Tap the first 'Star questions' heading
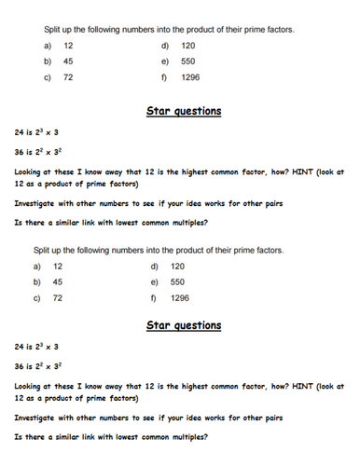pyautogui.click(x=184, y=112)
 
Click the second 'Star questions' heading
pyautogui.click(x=184, y=325)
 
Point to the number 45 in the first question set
pyautogui.click(x=68, y=61)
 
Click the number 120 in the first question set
pyautogui.click(x=187, y=45)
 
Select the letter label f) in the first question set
pyautogui.click(x=164, y=77)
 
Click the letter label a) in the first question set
pyautogui.click(x=47, y=45)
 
